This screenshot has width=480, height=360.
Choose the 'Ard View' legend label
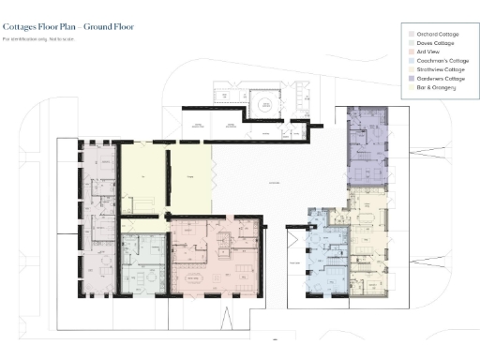click(x=427, y=52)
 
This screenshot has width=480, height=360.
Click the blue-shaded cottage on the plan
click(x=328, y=253)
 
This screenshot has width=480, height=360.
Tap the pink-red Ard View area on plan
click(x=216, y=258)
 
